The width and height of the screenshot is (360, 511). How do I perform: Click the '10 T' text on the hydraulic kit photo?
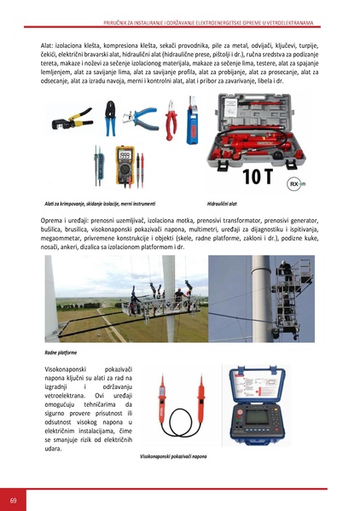(259, 177)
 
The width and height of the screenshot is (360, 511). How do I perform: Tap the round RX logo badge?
(294, 183)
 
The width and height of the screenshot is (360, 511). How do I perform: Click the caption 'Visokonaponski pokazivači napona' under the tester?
(174, 456)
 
